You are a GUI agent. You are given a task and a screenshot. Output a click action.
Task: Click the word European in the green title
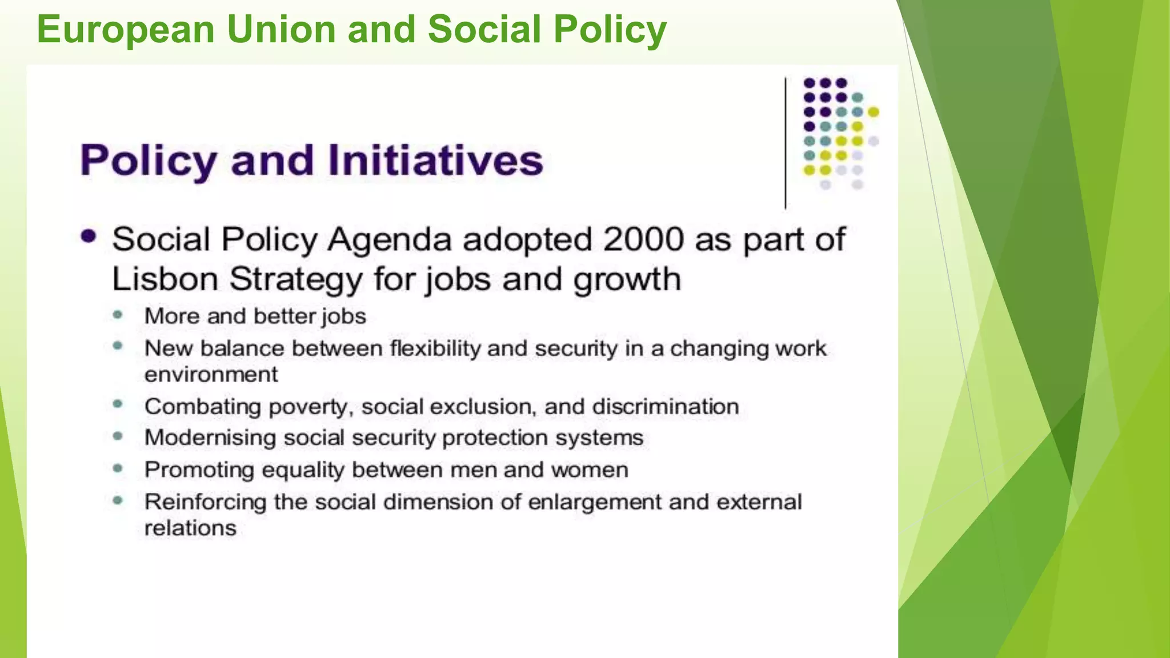[x=126, y=30]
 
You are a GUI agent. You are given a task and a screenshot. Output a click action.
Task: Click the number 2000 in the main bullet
[x=643, y=239]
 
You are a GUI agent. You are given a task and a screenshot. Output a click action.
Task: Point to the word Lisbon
[x=165, y=280]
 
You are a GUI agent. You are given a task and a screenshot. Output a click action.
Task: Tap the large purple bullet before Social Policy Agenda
[x=89, y=236]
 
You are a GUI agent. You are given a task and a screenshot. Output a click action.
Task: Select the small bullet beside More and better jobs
[x=118, y=315]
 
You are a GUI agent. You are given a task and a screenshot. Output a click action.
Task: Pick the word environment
[x=211, y=375]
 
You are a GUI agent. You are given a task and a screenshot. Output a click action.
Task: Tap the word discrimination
[x=666, y=407]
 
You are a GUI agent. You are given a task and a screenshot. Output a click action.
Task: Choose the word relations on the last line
[x=190, y=528]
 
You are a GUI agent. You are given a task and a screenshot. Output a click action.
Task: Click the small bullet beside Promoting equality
[x=118, y=469]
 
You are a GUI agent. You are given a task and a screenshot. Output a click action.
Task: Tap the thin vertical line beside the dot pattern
[x=786, y=143]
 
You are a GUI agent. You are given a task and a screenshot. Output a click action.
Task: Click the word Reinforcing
[x=205, y=502]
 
